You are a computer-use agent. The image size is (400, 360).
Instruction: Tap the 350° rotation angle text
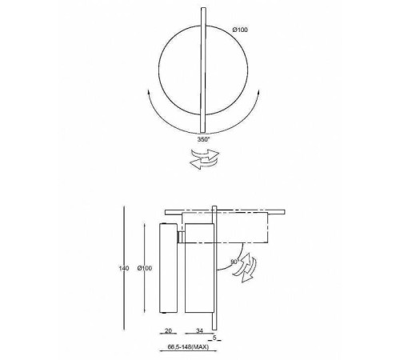pos(203,139)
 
